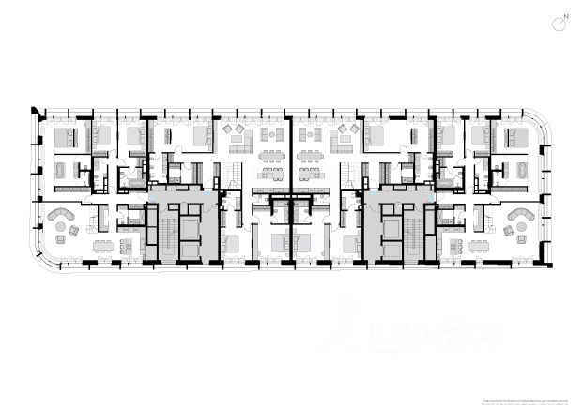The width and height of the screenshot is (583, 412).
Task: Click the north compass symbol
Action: [x=560, y=22]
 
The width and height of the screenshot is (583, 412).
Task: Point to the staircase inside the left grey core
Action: [x=166, y=235]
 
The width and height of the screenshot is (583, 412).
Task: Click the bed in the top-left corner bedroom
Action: [x=67, y=138]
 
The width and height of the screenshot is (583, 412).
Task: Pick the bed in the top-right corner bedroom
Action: [x=515, y=138]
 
